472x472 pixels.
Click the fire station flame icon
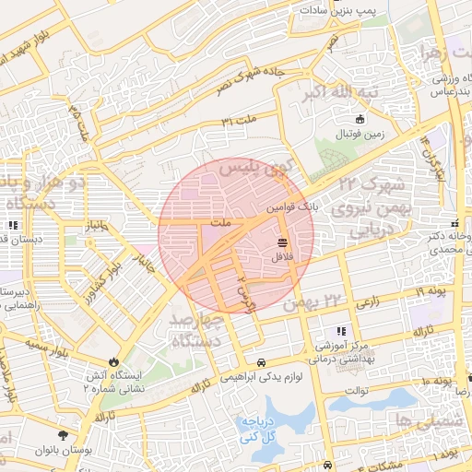[x=114, y=361]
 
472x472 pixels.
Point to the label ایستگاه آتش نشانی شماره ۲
[x=113, y=382]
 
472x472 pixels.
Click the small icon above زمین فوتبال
[x=360, y=119]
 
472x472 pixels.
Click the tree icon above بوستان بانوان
[x=62, y=434]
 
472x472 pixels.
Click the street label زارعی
[x=366, y=301]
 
